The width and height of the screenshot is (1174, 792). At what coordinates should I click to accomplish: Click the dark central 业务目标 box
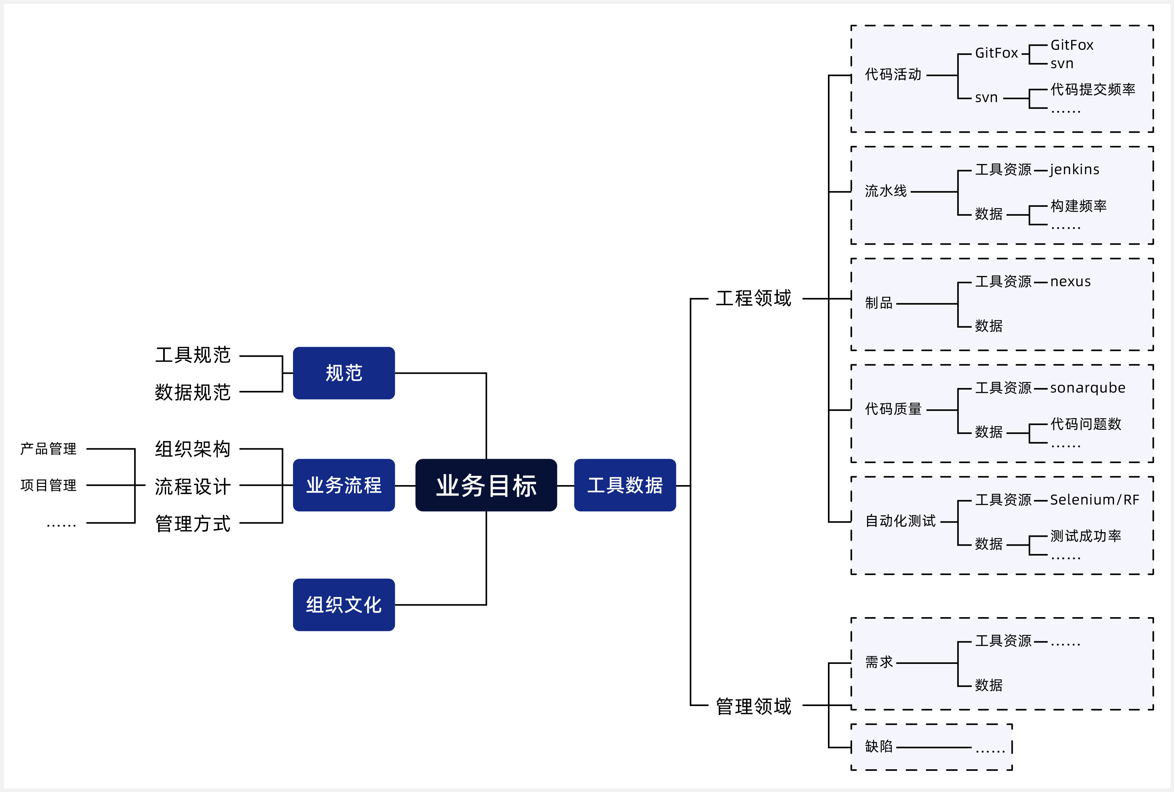pos(486,485)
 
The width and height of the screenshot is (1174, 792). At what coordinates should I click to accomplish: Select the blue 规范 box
pos(343,373)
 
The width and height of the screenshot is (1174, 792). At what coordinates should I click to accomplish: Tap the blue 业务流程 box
pos(343,485)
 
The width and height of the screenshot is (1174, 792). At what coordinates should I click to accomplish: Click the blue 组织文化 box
pos(343,605)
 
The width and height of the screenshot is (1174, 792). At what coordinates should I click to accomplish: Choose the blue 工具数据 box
pos(625,485)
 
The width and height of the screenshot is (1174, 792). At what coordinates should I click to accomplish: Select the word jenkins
pos(1074,170)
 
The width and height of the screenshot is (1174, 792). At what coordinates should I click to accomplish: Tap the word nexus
pos(1071,282)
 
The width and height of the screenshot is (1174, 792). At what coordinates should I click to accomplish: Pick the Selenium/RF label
pos(1094,500)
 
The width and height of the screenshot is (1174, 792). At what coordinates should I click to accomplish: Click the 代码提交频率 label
pos(1093,89)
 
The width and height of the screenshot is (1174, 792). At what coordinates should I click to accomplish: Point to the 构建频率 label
pos(1078,206)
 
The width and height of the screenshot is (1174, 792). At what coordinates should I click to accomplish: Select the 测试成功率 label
pos(1086,535)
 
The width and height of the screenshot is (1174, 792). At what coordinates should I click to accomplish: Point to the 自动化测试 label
pos(900,521)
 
